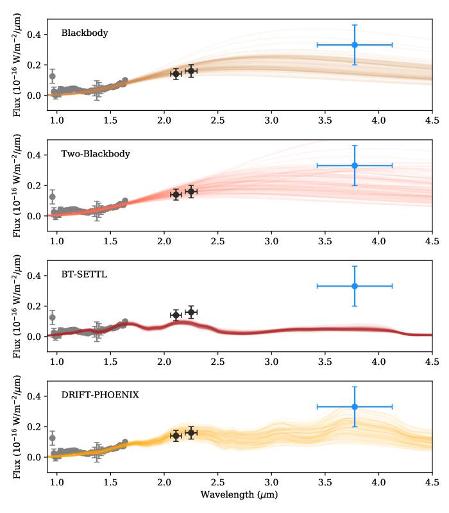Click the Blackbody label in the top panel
(x=85, y=33)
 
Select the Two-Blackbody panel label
(x=96, y=154)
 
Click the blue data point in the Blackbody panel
(x=355, y=45)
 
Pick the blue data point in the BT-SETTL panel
(x=355, y=286)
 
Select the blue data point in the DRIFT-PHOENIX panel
(x=355, y=407)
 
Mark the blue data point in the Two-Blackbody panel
(x=355, y=165)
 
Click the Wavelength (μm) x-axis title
(x=239, y=494)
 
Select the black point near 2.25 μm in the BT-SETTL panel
(x=191, y=312)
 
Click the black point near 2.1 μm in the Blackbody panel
(x=176, y=74)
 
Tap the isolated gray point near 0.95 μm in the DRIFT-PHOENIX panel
(x=53, y=439)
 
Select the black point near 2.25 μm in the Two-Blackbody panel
(x=191, y=192)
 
